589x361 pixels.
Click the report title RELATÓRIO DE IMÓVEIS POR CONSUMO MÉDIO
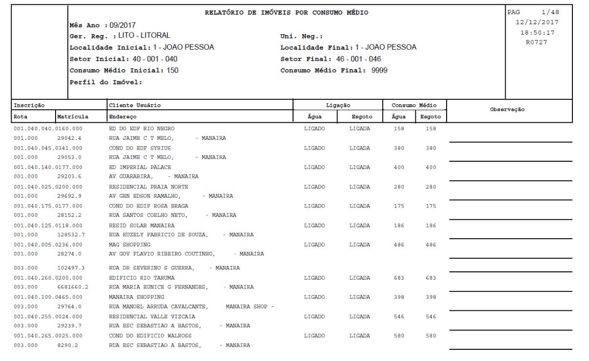(x=286, y=13)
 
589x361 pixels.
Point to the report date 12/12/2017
(x=538, y=22)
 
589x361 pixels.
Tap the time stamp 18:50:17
(x=538, y=33)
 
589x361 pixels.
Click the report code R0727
(x=538, y=43)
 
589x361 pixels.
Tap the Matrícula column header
(x=73, y=117)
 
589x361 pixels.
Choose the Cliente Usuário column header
(x=135, y=105)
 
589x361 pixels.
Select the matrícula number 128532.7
(x=71, y=235)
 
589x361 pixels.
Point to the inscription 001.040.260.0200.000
(x=48, y=278)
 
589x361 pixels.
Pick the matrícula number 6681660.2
(x=73, y=287)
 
